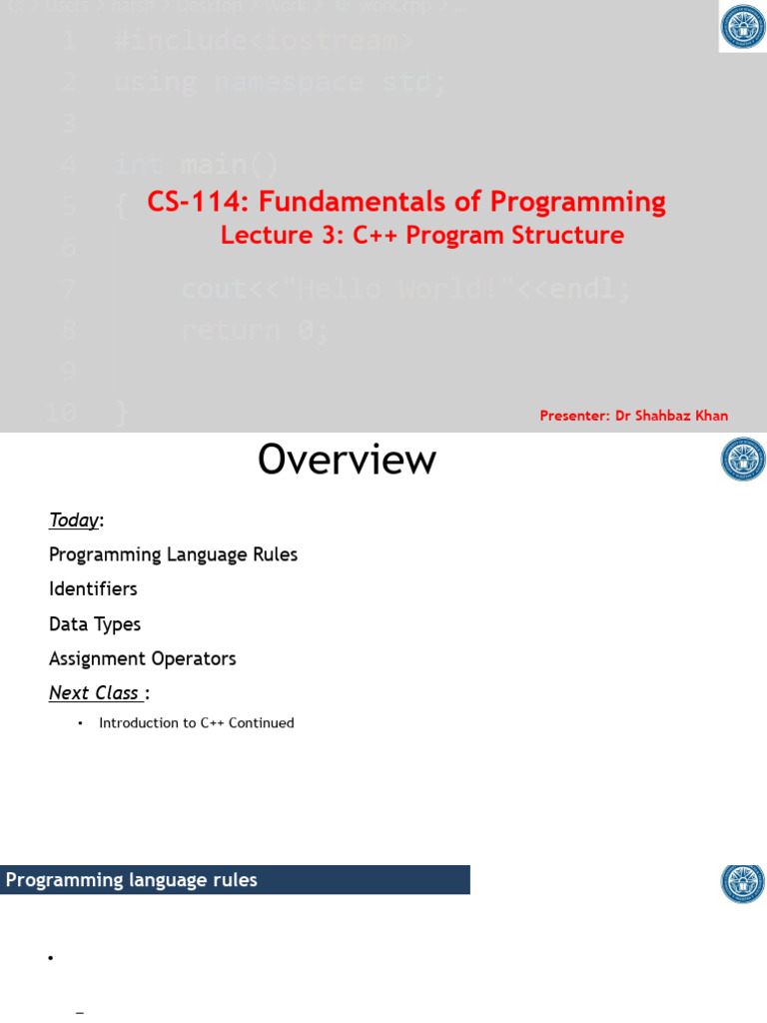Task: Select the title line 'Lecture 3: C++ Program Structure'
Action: pos(421,236)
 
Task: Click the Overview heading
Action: pos(347,460)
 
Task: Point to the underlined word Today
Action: pos(74,519)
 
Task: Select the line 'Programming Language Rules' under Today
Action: pos(173,554)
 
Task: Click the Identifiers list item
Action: pos(93,589)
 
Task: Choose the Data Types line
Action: pos(95,624)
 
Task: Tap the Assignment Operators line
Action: pos(142,659)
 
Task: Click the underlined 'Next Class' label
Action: pos(95,693)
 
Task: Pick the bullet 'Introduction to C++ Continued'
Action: pos(196,722)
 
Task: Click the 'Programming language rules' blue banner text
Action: pos(131,880)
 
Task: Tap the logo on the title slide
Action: pos(743,27)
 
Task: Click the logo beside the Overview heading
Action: pos(743,460)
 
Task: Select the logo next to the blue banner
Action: pos(743,883)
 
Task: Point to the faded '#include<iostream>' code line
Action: pos(264,41)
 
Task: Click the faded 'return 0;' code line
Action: pos(255,330)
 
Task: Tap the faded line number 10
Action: pos(61,412)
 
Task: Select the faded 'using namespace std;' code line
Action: pos(281,82)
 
